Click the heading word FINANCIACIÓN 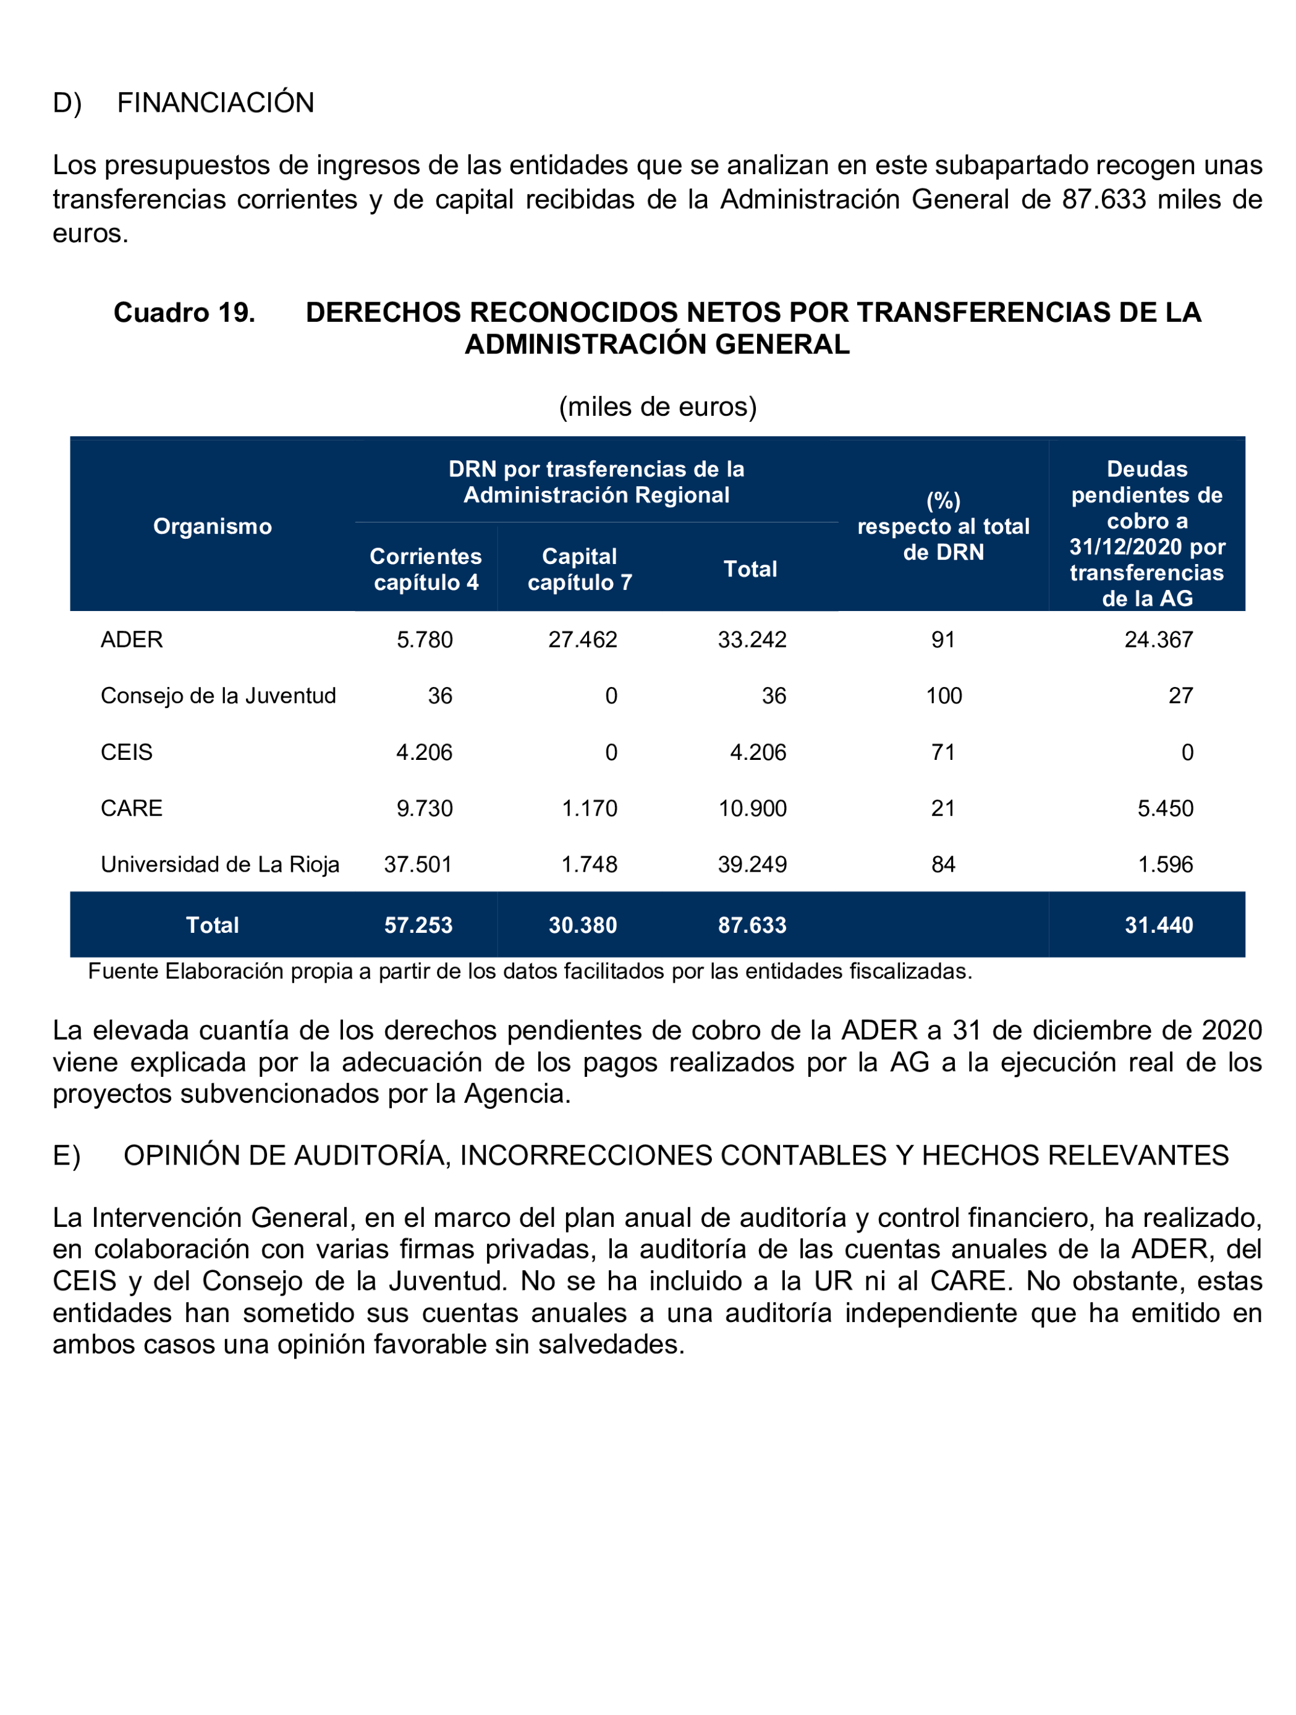[215, 103]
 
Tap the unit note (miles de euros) [657, 407]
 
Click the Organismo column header [213, 526]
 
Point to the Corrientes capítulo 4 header [425, 569]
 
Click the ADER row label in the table [132, 639]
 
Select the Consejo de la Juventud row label [218, 696]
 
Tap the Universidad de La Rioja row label [219, 864]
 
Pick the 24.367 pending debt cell [1158, 639]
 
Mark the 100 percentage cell [943, 696]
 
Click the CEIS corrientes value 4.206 [423, 752]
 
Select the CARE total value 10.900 [752, 809]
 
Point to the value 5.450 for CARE [1165, 809]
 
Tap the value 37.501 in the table [417, 864]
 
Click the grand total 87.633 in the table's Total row [752, 925]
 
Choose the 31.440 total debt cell [1158, 925]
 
